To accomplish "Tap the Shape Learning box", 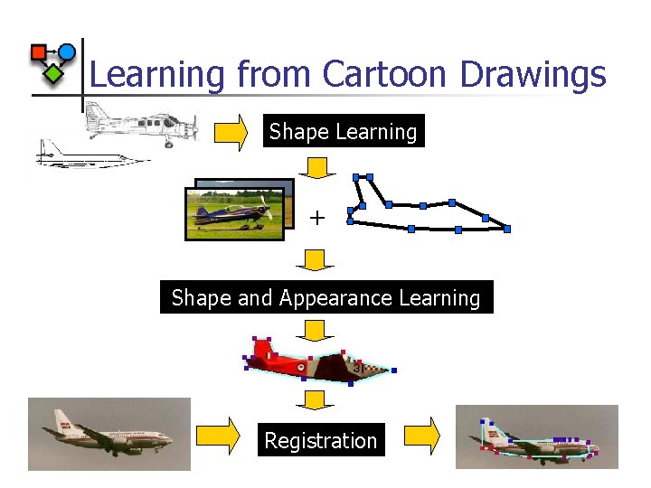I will [343, 131].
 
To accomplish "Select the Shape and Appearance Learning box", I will [325, 297].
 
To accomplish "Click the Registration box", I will [320, 440].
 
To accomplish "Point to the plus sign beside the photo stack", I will [316, 218].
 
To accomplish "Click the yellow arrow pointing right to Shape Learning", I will [231, 132].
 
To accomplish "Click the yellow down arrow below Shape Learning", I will [316, 167].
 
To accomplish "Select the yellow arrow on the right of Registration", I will [421, 436].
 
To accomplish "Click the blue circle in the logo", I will [66, 52].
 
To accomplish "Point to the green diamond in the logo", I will [54, 73].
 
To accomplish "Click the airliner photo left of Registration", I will [109, 434].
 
